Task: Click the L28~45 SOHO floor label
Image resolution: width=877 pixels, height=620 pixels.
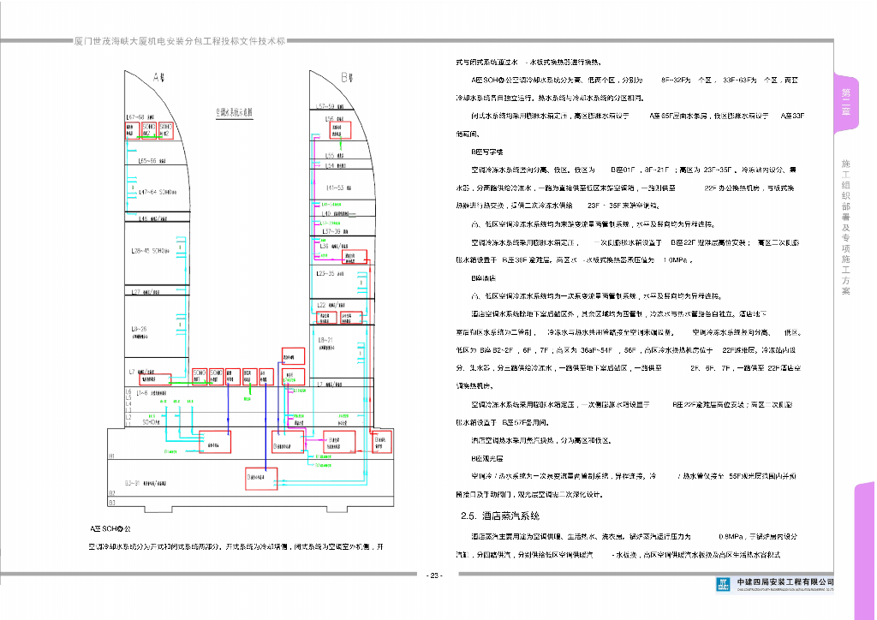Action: [x=149, y=251]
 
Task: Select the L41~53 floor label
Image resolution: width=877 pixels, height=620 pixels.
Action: [x=334, y=187]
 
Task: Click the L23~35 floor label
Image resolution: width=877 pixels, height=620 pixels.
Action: [x=330, y=273]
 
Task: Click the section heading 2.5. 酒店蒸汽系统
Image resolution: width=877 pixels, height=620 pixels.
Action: [x=500, y=516]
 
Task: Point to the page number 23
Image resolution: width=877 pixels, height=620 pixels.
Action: [x=434, y=575]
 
